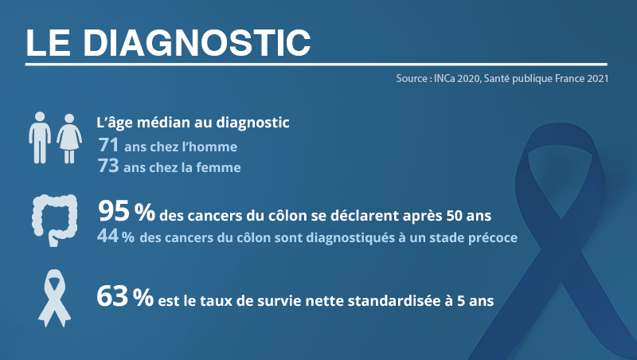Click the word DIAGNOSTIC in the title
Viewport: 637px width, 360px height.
[x=197, y=43]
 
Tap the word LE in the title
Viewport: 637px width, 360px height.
[x=48, y=43]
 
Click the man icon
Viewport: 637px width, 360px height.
[x=40, y=138]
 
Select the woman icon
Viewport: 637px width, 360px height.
[x=69, y=139]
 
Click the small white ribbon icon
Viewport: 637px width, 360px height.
[x=54, y=298]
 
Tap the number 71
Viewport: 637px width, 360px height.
[x=108, y=145]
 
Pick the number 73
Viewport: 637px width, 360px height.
[x=108, y=166]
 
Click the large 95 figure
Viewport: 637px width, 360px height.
[x=114, y=211]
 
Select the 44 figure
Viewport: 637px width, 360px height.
[x=108, y=236]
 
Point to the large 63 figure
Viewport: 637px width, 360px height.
[x=112, y=296]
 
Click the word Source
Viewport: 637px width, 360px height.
[x=412, y=78]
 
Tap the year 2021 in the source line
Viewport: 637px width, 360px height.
[x=598, y=78]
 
